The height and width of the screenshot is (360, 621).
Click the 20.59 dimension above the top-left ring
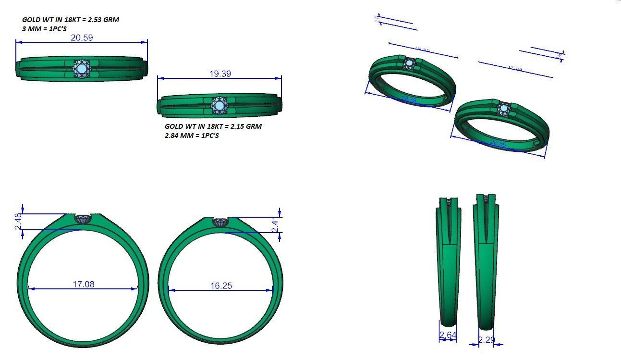pos(82,37)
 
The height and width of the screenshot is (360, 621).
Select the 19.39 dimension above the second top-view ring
pos(220,74)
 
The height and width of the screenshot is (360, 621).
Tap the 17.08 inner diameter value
pos(84,284)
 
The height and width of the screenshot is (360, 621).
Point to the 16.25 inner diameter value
pos(221,286)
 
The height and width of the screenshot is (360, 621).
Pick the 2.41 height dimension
pos(276,225)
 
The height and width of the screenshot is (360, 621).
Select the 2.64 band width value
pos(448,335)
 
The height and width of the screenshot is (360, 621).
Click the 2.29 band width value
pos(486,340)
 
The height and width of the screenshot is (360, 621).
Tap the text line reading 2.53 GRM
pos(70,20)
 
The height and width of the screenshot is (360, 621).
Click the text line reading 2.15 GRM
pos(213,126)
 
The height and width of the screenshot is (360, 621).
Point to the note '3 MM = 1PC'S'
pos(44,29)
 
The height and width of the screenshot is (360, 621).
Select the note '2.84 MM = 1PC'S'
pos(192,136)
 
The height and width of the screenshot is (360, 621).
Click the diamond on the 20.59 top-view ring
pos(81,69)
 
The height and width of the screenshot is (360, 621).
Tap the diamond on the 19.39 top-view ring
pos(219,106)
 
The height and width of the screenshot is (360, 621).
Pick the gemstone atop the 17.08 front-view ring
pos(83,219)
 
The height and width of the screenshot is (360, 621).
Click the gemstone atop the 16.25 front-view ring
pos(220,223)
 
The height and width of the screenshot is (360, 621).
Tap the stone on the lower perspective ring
pos(504,109)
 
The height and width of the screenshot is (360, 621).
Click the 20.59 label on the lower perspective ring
pos(499,144)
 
